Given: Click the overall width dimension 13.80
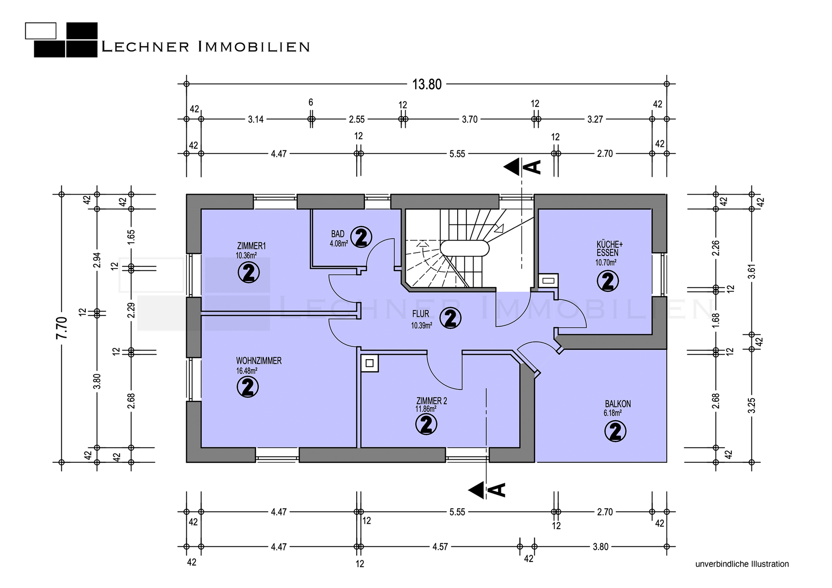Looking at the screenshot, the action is tap(427, 84).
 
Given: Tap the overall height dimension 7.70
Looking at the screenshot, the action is tap(62, 328).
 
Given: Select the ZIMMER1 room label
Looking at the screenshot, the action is tap(251, 246).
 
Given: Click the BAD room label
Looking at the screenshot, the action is tap(338, 234).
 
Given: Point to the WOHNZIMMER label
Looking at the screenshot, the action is tap(259, 361).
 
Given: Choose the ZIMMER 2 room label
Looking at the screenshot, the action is tap(431, 401).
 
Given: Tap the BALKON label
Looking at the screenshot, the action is tap(618, 404).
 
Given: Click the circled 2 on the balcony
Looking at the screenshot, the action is tap(615, 431).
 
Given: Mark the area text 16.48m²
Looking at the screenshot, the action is tap(247, 371).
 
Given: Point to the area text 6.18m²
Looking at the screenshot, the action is tap(613, 413).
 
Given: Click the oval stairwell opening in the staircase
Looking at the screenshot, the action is tap(465, 248).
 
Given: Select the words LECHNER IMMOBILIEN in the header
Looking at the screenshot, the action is tap(206, 47).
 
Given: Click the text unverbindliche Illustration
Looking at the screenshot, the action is tap(742, 564).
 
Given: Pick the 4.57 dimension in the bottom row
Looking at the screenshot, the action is tap(440, 547).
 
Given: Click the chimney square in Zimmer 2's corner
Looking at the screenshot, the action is tap(370, 363).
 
